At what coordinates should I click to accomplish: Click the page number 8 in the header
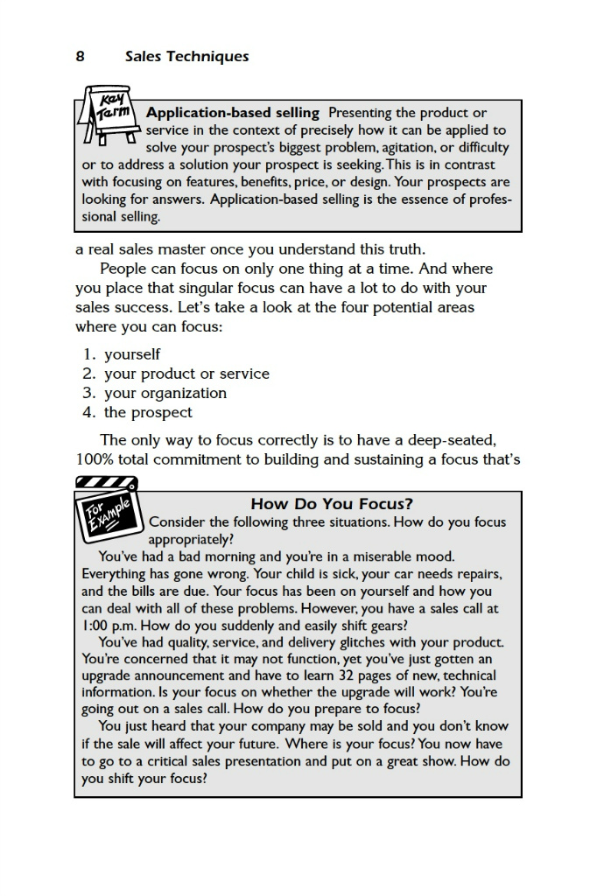point(80,57)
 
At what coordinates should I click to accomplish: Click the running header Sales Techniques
point(186,57)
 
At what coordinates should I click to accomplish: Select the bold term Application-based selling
point(232,113)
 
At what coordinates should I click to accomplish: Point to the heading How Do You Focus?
point(332,504)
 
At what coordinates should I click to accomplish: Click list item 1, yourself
point(131,354)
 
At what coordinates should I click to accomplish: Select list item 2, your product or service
point(186,374)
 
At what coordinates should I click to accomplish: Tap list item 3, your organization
point(165,393)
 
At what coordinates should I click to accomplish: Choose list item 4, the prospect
point(148,412)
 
